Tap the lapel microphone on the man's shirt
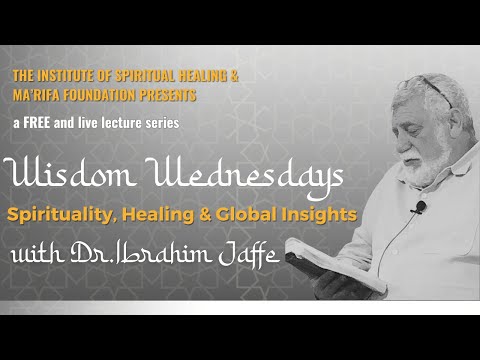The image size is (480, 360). point(421,208)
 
